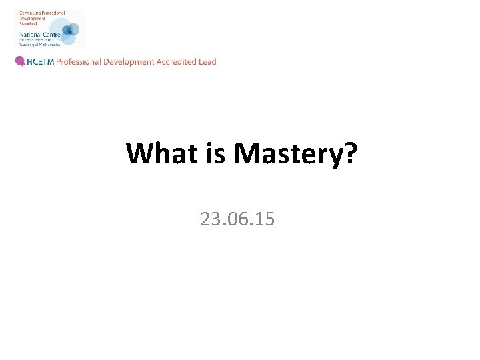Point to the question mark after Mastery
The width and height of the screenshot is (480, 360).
[351, 153]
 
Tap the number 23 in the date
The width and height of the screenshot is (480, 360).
[209, 219]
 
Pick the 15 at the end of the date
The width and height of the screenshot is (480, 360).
[265, 219]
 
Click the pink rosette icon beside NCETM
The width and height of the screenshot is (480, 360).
[20, 61]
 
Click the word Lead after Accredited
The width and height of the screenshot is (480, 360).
[207, 61]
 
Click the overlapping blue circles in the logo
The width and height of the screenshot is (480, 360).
[69, 31]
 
